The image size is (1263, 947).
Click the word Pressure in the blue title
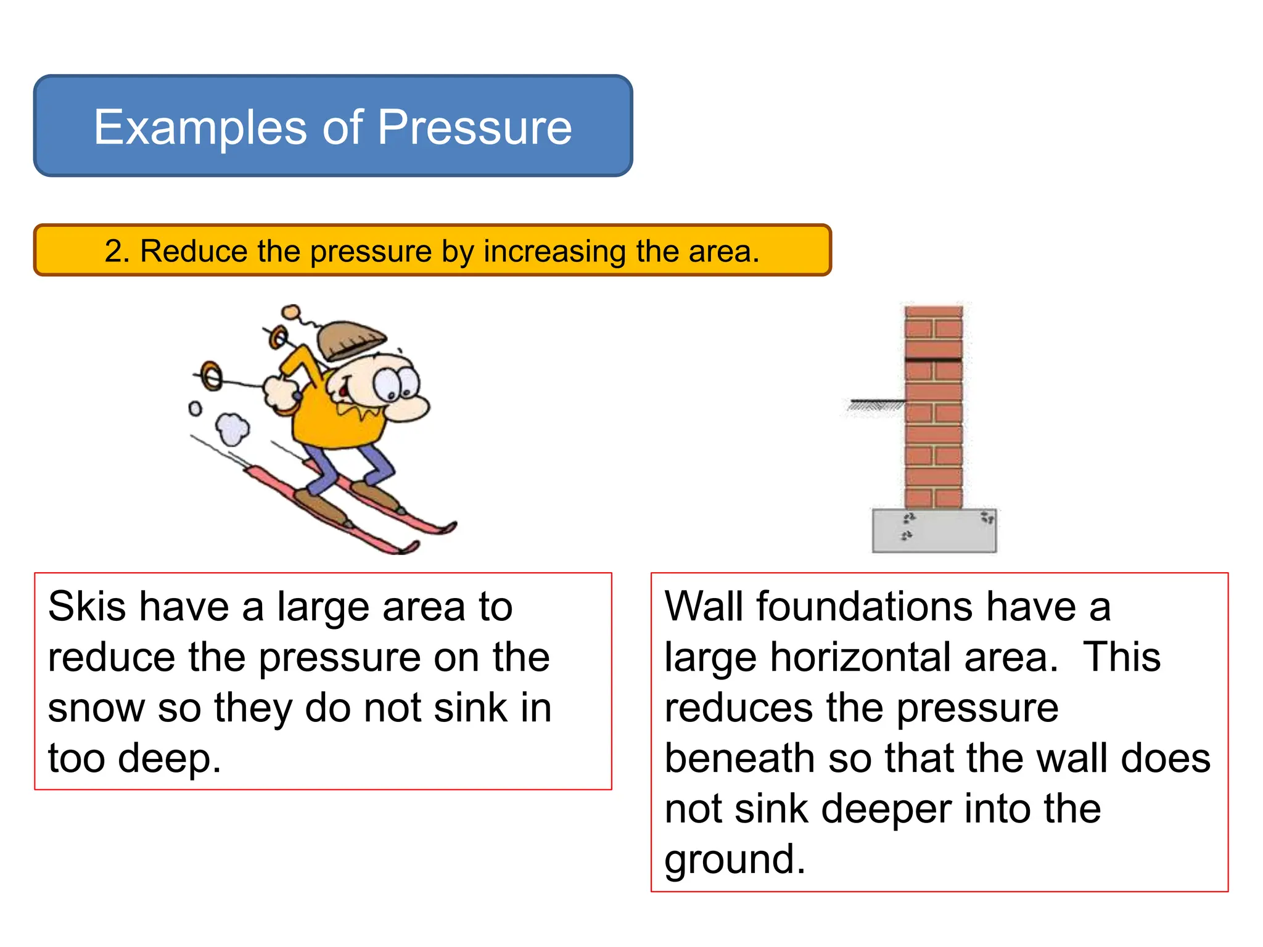pos(474,127)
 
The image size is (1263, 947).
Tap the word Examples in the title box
pos(200,127)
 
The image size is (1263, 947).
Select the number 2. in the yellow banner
pos(117,251)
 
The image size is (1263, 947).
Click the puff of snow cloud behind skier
pos(232,429)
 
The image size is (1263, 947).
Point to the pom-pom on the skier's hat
pos(291,312)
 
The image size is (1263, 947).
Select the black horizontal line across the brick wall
pos(933,359)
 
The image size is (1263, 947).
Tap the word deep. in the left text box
pos(169,758)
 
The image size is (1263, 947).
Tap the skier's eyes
pos(395,383)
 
